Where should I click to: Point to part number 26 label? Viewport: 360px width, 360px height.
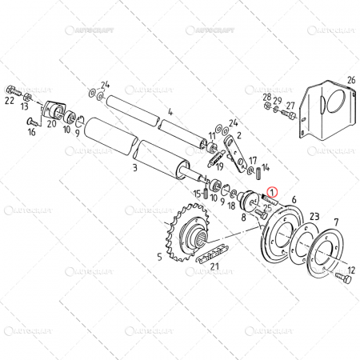click(x=350, y=80)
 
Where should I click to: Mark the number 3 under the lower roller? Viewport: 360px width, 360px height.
click(x=135, y=169)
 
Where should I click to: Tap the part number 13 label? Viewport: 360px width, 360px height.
click(x=26, y=106)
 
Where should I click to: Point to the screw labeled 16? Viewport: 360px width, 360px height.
click(x=31, y=122)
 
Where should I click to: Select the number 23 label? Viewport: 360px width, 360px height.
click(x=314, y=216)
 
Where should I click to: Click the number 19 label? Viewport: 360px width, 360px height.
click(x=218, y=166)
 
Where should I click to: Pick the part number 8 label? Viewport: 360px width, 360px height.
click(x=242, y=217)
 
